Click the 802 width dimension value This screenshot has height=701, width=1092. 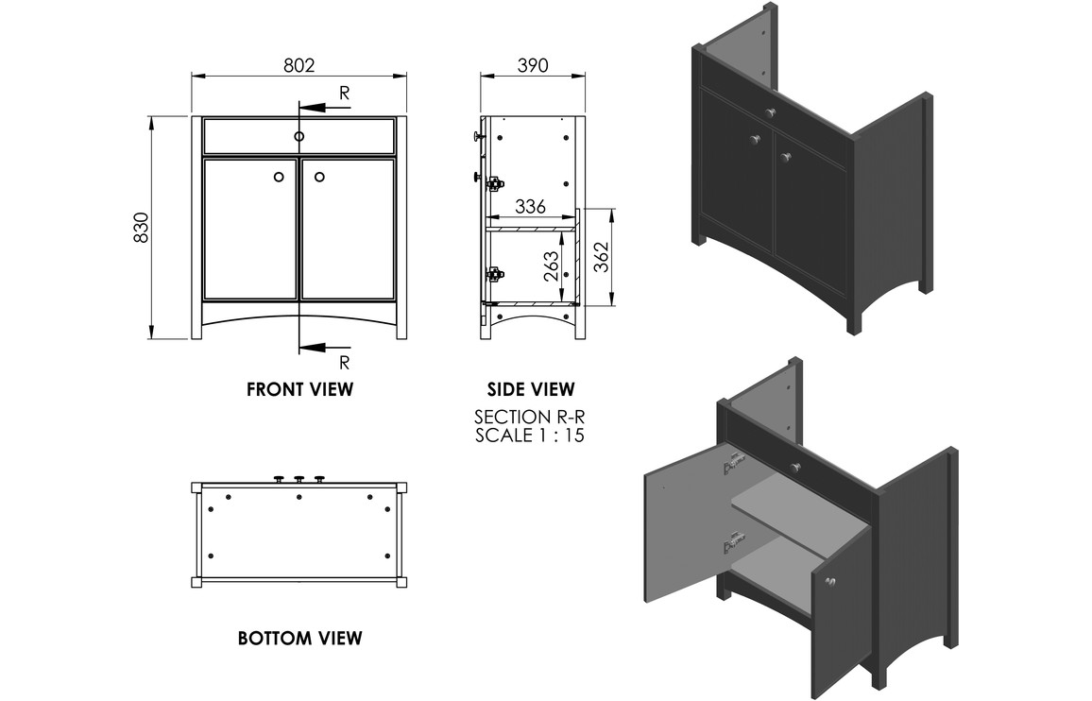[299, 65]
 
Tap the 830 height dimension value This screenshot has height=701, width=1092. [142, 227]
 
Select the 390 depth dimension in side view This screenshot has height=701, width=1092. [533, 65]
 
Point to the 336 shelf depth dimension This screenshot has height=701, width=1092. [530, 206]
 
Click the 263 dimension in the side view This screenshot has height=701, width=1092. [551, 266]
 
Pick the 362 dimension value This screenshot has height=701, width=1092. [601, 257]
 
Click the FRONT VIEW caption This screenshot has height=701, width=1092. [300, 389]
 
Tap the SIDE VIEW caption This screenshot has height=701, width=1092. [531, 389]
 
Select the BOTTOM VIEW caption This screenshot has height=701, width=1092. [300, 639]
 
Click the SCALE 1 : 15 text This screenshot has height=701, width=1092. [530, 436]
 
